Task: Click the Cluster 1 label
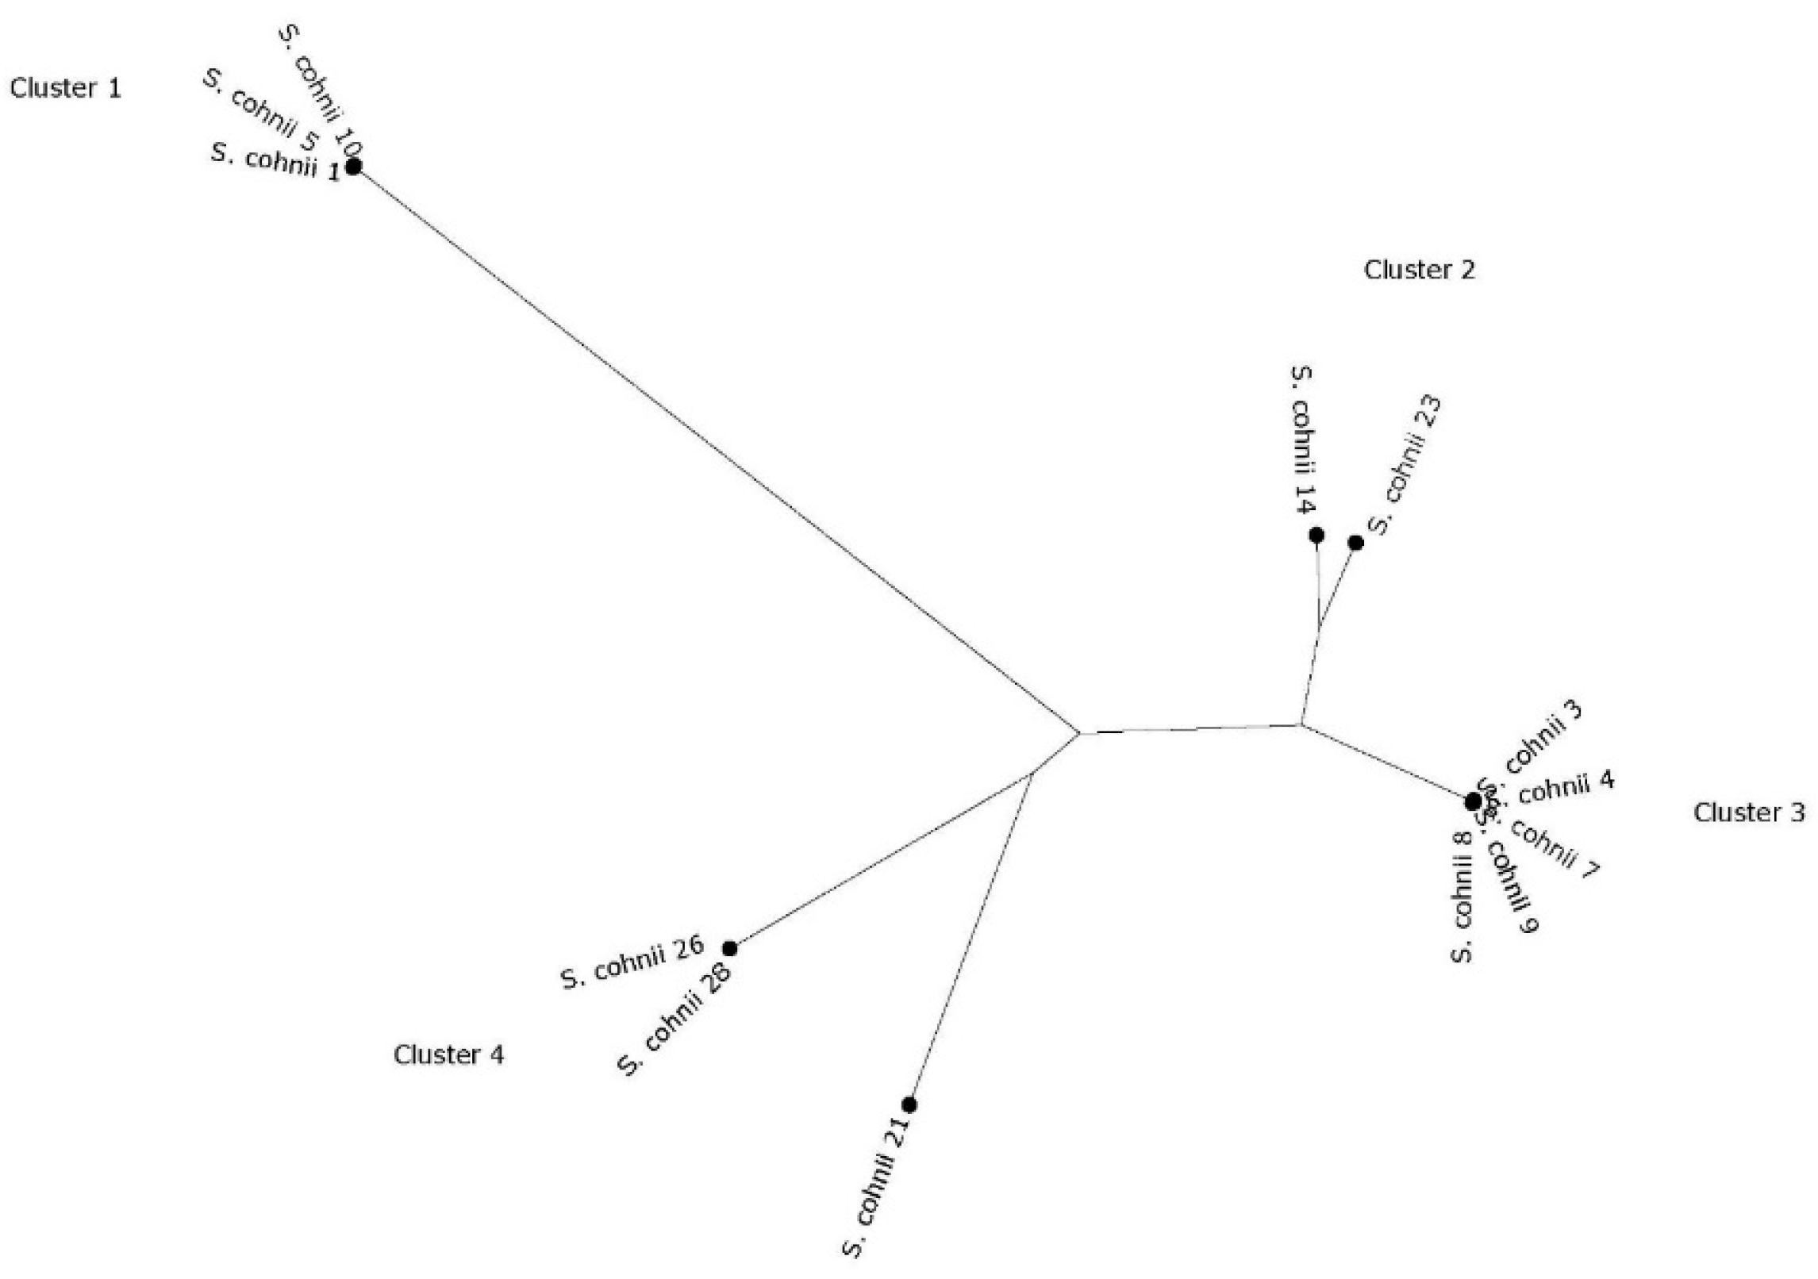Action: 65,88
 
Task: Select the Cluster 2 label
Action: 1419,271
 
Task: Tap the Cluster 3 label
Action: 1748,812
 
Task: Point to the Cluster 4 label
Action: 448,1054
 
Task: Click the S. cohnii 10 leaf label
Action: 321,92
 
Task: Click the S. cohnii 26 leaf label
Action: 632,962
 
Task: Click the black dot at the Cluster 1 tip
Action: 353,167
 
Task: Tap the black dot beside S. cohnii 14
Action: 1316,536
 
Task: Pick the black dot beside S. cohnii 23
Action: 1356,543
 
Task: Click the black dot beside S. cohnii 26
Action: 729,948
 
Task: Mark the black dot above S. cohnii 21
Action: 909,1104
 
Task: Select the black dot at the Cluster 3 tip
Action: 1473,801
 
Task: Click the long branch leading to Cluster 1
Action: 714,448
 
